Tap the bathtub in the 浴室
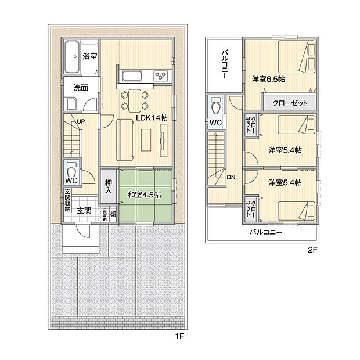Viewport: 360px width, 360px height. pyautogui.click(x=72, y=57)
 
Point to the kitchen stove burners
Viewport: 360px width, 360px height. pyautogui.click(x=160, y=75)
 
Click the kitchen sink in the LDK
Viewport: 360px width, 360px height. pyautogui.click(x=131, y=75)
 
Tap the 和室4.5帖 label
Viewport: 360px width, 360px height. pyautogui.click(x=145, y=195)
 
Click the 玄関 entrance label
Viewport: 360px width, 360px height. pyautogui.click(x=84, y=210)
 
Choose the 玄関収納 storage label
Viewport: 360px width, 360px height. pyautogui.click(x=67, y=200)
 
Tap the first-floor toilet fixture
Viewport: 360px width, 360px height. pyautogui.click(x=73, y=171)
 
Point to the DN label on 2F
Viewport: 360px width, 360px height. pyautogui.click(x=231, y=177)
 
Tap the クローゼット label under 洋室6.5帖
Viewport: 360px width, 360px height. pyautogui.click(x=289, y=103)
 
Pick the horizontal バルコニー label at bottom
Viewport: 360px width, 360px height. pyautogui.click(x=265, y=232)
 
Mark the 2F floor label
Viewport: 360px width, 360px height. pyautogui.click(x=312, y=251)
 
